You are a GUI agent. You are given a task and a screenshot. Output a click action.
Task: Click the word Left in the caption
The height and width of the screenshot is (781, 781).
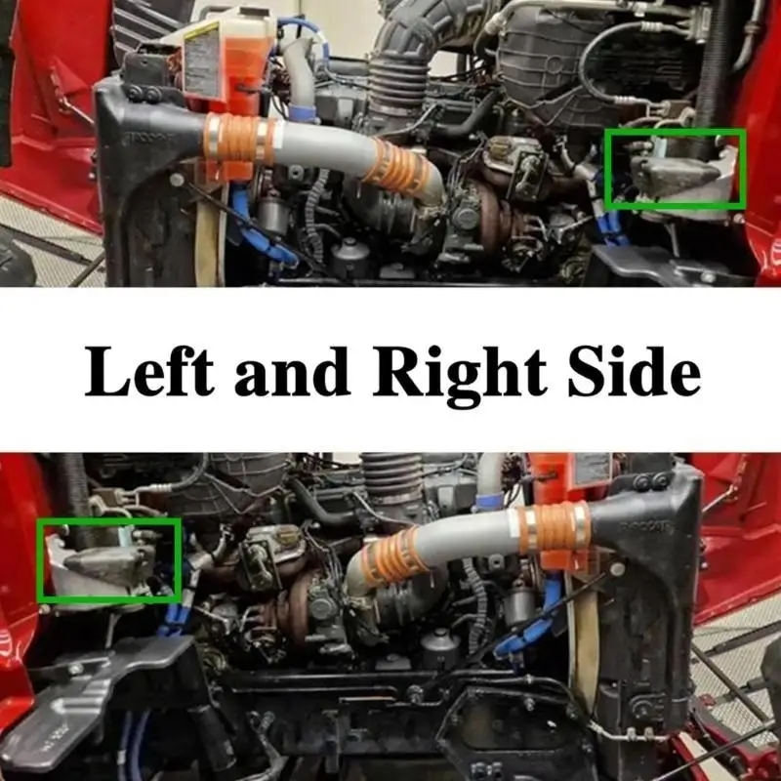[x=149, y=371]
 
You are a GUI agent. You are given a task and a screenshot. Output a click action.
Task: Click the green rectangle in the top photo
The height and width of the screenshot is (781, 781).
[x=676, y=131]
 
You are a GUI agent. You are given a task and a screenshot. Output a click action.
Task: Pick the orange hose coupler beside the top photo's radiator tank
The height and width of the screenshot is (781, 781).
[x=238, y=141]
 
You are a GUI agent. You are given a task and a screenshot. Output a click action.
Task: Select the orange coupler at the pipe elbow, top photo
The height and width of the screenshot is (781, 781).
[x=398, y=167]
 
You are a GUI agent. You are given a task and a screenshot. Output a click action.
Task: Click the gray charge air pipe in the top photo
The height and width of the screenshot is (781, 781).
[x=324, y=144]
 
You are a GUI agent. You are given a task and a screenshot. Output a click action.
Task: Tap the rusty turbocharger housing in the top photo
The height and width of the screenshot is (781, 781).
[x=491, y=209]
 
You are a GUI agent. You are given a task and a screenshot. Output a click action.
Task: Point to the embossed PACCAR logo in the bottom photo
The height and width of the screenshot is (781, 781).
[x=645, y=527]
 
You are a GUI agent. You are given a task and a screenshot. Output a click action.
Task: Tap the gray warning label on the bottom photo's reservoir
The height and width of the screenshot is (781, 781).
[x=593, y=469]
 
